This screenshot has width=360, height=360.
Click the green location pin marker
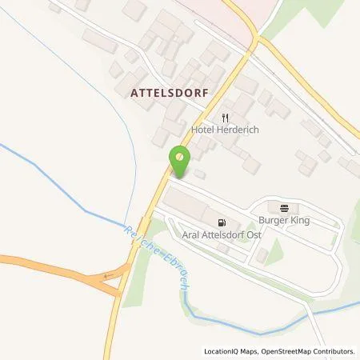click(x=181, y=162)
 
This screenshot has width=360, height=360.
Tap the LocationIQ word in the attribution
click(x=220, y=351)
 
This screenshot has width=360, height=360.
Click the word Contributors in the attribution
click(x=333, y=351)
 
